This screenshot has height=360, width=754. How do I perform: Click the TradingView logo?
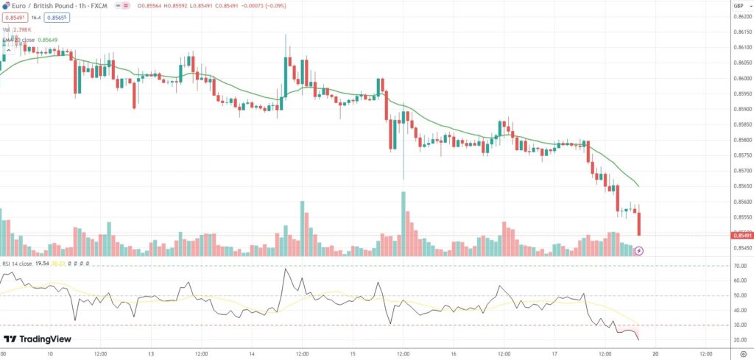tap(38, 339)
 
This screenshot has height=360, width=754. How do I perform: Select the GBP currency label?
tap(739, 5)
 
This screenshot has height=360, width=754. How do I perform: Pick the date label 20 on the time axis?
tap(655, 353)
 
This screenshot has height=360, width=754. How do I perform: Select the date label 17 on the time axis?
tap(554, 353)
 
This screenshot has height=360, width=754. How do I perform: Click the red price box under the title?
tap(15, 17)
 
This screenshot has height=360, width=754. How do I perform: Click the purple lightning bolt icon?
tap(639, 250)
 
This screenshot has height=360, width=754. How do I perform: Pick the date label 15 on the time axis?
tap(353, 353)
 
